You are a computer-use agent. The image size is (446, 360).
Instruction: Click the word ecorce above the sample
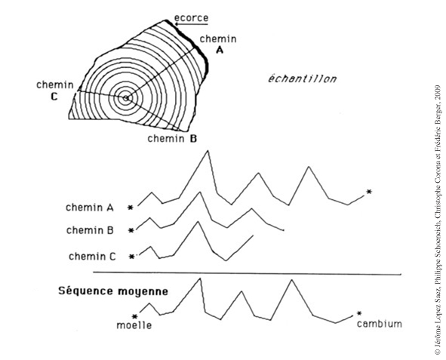pos(191,18)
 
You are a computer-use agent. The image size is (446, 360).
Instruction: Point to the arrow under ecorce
pos(191,24)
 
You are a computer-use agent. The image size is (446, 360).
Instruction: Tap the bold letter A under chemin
pos(220,51)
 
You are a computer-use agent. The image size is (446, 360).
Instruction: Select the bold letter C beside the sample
pos(54,97)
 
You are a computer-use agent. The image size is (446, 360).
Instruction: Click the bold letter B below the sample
pos(193,139)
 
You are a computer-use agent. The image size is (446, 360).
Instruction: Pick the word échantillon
pos(302,78)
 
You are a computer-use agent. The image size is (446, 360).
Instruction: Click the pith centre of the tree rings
pos(126,98)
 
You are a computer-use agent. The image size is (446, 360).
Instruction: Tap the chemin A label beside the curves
pos(90,208)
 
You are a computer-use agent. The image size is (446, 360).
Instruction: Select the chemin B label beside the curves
pos(90,230)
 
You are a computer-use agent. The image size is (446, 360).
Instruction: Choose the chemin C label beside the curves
pos(92,257)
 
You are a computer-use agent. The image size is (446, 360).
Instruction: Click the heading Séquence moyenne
pos(113,291)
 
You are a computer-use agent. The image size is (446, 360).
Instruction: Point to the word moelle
pos(134,325)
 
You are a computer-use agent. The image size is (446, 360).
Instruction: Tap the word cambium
pos(380,324)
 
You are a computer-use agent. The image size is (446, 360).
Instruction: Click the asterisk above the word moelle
pos(135,316)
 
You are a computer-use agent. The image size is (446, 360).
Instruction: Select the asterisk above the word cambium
pos(359,313)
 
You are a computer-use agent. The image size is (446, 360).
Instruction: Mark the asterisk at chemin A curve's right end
pos(369,192)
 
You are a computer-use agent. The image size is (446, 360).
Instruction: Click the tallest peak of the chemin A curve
pos(208,151)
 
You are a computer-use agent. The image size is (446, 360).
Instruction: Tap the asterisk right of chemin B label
pos(131,230)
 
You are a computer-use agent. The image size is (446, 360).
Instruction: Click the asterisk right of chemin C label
pos(132,257)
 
